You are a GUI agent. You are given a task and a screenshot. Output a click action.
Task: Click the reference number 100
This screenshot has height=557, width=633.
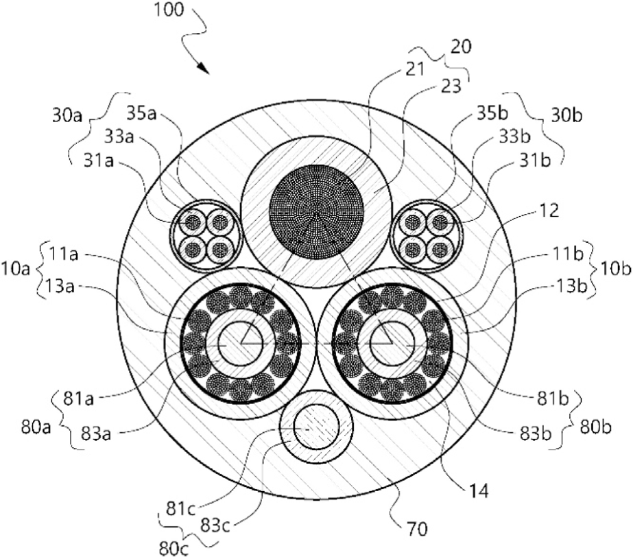(x=169, y=10)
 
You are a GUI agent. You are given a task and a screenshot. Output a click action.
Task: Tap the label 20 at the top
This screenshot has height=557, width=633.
(x=461, y=47)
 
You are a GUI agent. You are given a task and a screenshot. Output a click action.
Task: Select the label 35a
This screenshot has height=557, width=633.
(x=141, y=113)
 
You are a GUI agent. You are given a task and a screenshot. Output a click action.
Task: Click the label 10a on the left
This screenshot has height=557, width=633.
(x=15, y=269)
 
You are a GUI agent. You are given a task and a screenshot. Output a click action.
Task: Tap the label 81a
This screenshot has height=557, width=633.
(x=79, y=399)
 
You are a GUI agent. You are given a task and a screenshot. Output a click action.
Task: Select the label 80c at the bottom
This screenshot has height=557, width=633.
(x=174, y=549)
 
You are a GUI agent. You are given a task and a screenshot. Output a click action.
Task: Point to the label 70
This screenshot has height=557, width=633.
(x=416, y=528)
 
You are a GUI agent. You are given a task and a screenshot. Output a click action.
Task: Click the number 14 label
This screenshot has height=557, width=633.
(x=478, y=491)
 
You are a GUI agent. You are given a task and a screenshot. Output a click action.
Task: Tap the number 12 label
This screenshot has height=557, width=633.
(x=548, y=211)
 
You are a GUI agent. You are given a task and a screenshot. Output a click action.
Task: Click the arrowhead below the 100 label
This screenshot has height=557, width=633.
(x=204, y=69)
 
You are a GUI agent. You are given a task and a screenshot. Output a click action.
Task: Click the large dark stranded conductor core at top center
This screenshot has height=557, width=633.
(x=317, y=212)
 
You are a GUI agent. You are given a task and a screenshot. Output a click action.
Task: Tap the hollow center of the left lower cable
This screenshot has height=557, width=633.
(x=240, y=344)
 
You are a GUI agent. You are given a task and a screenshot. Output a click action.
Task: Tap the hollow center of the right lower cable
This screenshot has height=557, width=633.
(x=392, y=344)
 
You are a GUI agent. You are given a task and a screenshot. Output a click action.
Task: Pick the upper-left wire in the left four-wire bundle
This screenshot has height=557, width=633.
(x=193, y=222)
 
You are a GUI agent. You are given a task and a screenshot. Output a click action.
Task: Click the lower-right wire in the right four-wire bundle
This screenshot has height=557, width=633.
(x=440, y=249)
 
